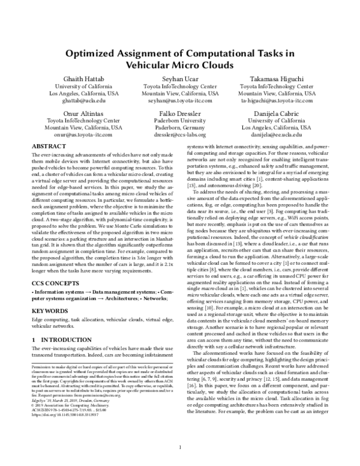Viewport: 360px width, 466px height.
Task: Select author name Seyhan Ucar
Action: point(180,79)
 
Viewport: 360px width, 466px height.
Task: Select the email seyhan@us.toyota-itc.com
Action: point(180,102)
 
